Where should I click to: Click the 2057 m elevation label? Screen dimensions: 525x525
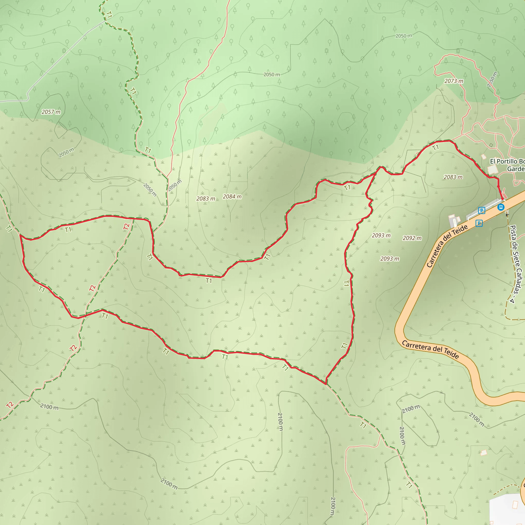tap(51, 112)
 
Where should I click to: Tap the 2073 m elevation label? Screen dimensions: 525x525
tap(454, 81)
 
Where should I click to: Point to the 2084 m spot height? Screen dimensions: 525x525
tap(232, 196)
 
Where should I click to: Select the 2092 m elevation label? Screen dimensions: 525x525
tap(412, 238)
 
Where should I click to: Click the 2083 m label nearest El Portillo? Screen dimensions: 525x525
tap(453, 177)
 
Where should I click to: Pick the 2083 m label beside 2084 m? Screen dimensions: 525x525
tap(206, 199)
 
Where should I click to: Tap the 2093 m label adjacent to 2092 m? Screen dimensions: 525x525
tap(381, 235)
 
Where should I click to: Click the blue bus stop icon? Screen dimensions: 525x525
tap(501, 207)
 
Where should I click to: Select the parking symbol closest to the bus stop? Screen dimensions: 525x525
tap(481, 210)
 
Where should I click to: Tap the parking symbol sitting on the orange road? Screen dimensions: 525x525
tap(479, 223)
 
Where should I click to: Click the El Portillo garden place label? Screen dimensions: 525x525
tap(507, 165)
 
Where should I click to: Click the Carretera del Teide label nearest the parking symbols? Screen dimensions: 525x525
tap(447, 246)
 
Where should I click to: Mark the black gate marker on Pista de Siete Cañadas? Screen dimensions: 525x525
tap(507, 215)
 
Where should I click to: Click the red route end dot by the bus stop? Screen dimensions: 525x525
tap(502, 199)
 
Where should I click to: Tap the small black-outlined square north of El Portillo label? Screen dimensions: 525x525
tap(491, 145)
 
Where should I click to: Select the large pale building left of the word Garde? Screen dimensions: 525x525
tap(492, 170)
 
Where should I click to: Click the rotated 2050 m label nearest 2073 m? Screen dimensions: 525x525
tap(492, 79)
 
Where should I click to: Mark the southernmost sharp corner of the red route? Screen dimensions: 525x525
tap(326, 384)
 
